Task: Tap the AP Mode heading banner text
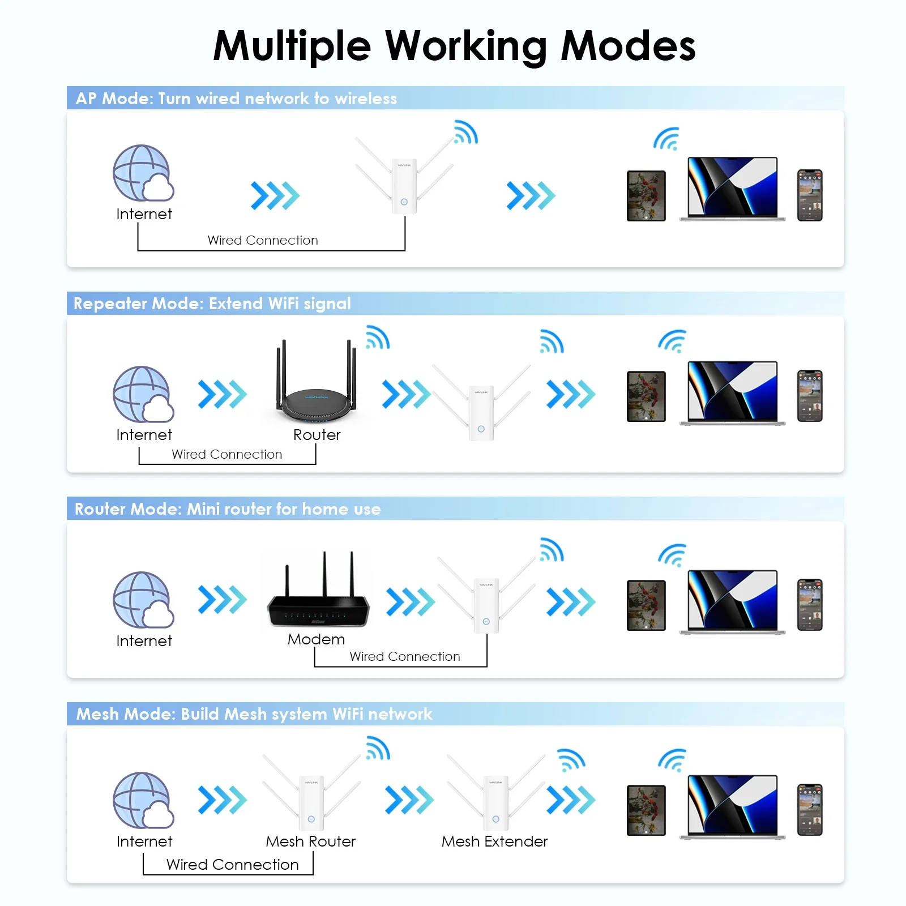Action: (236, 99)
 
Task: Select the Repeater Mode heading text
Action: (212, 304)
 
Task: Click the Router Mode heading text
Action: (227, 509)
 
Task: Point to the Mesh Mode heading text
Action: (254, 714)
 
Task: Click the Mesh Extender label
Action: (494, 841)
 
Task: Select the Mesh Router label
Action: (310, 841)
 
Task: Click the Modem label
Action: (316, 639)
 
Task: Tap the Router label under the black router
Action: (317, 435)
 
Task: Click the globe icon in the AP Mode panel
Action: (142, 173)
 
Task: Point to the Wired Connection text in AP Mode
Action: (263, 240)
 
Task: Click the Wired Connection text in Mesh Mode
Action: (232, 865)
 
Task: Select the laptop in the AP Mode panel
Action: (732, 189)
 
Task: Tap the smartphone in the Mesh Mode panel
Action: (809, 810)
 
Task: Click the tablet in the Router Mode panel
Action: (646, 605)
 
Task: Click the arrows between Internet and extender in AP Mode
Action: (275, 195)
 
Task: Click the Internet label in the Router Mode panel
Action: (144, 641)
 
